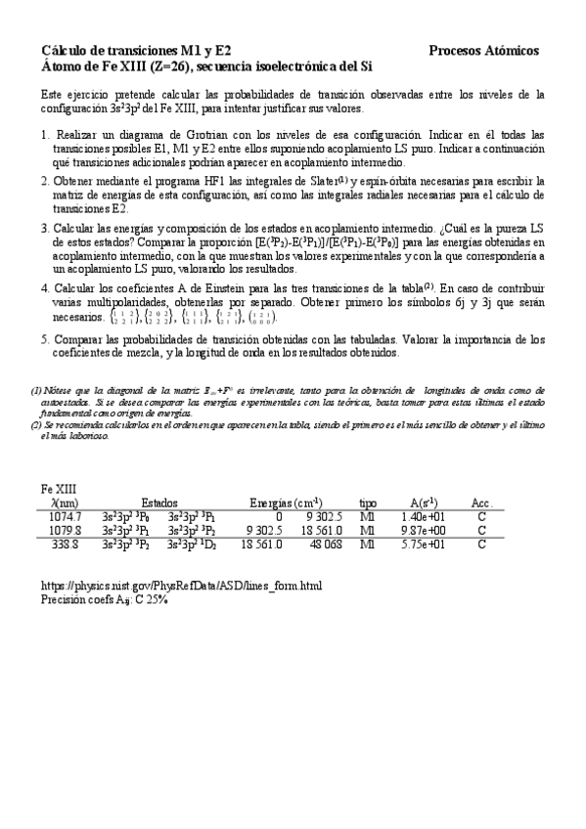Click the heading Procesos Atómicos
click(483, 51)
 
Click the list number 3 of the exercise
click(45, 227)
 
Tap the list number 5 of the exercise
click(45, 339)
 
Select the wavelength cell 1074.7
click(66, 516)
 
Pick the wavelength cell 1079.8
click(66, 530)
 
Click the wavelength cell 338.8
click(66, 544)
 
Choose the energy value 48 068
click(326, 544)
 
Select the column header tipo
click(368, 502)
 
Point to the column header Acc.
click(481, 502)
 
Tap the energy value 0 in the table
click(279, 516)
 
